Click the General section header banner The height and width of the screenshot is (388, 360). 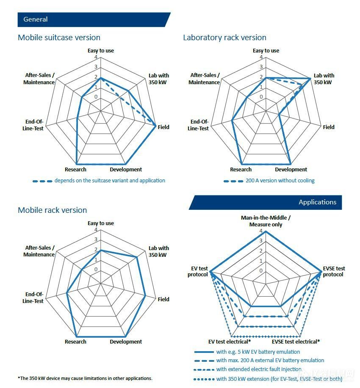pyautogui.click(x=93, y=19)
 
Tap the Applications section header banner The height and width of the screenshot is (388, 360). pyautogui.click(x=265, y=202)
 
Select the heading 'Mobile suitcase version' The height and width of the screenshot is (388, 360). pyautogui.click(x=59, y=37)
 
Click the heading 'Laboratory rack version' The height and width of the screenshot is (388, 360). pyautogui.click(x=224, y=37)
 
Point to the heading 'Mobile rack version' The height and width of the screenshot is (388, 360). pyautogui.click(x=52, y=210)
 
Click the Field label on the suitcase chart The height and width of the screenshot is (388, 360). pyautogui.click(x=163, y=127)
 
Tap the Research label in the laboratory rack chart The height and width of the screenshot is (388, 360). pyautogui.click(x=241, y=170)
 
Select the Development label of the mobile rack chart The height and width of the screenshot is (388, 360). pyautogui.click(x=126, y=342)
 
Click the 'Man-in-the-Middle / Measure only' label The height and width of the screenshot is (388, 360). pyautogui.click(x=266, y=221)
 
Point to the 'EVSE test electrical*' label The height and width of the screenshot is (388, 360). pyautogui.click(x=296, y=342)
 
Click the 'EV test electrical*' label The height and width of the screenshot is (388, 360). pyautogui.click(x=230, y=342)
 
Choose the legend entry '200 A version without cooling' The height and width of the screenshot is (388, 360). pyautogui.click(x=280, y=181)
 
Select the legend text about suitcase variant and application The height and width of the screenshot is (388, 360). pyautogui.click(x=110, y=181)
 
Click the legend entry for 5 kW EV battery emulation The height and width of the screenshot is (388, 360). pyautogui.click(x=258, y=352)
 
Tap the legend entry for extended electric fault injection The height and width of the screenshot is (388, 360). pyautogui.click(x=259, y=369)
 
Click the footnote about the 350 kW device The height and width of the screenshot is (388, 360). pyautogui.click(x=85, y=378)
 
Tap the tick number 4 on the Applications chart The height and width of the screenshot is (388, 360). pyautogui.click(x=261, y=231)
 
